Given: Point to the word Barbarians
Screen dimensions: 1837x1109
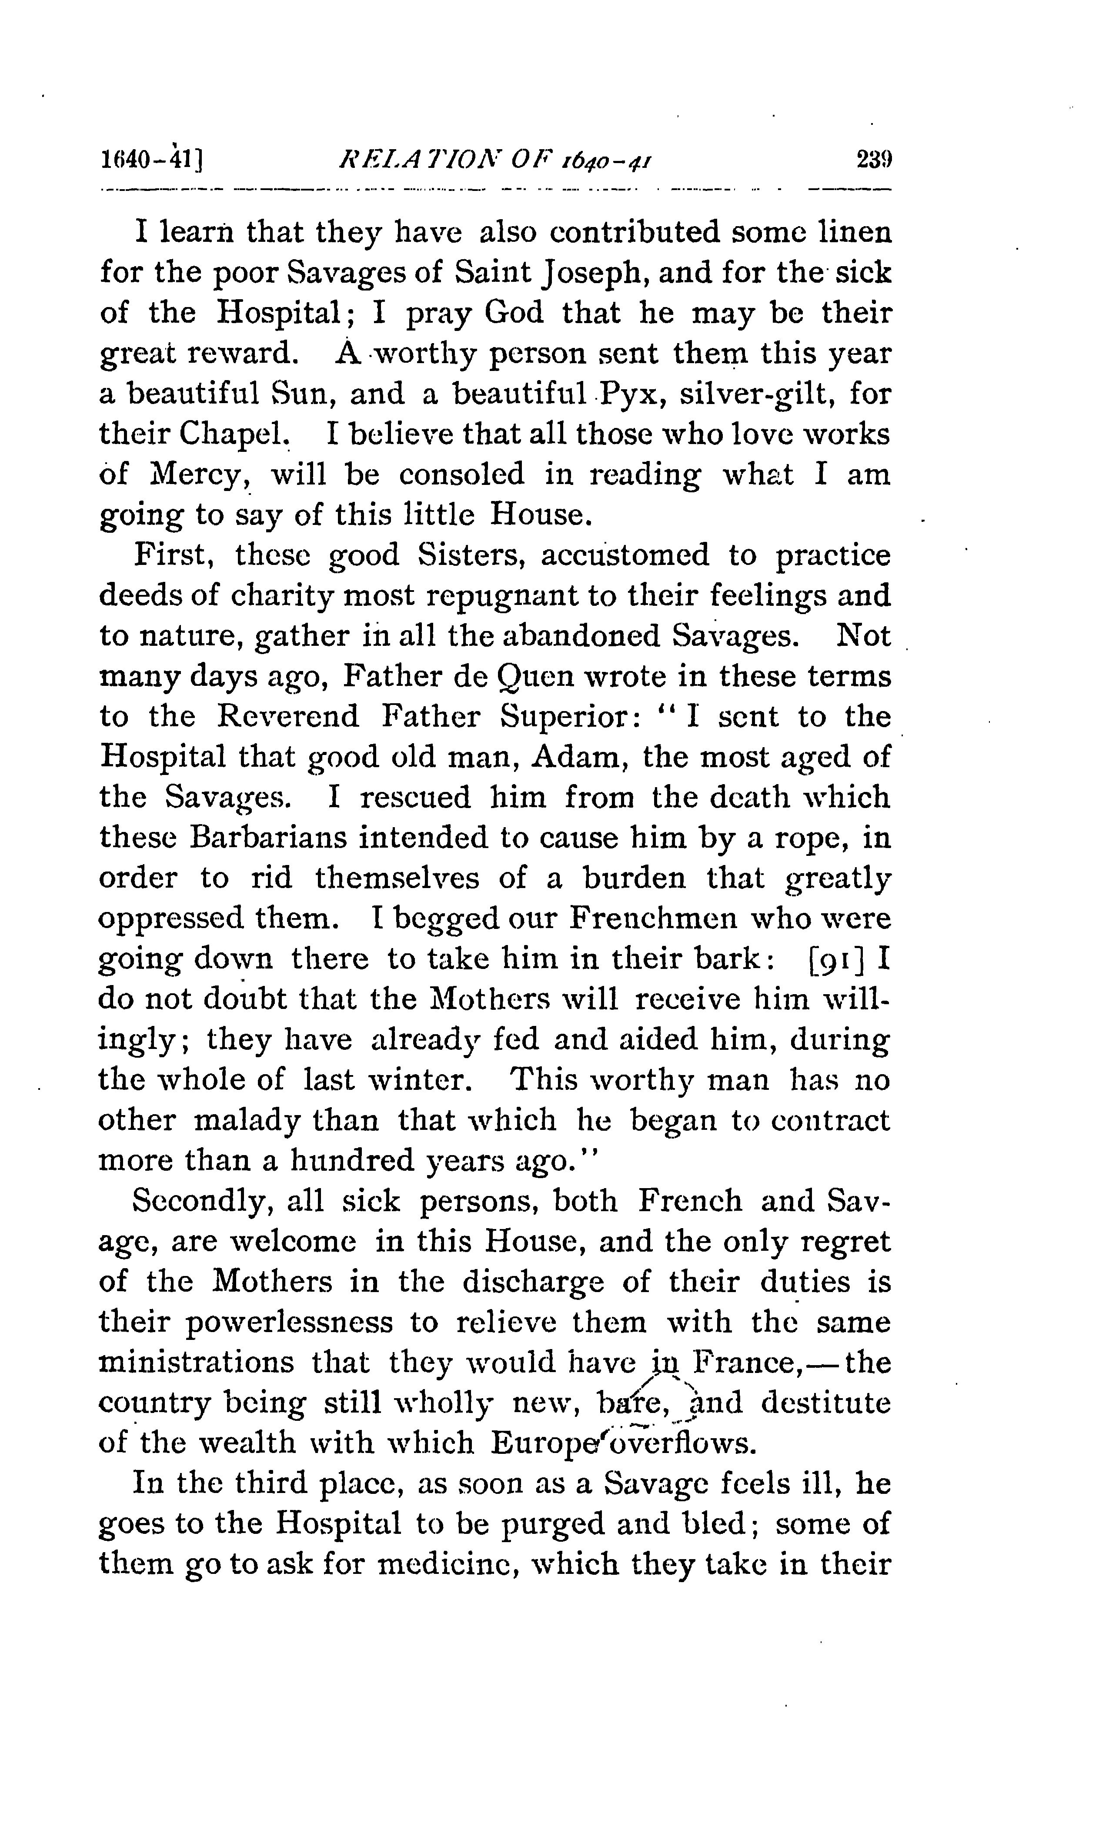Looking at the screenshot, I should tap(267, 838).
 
